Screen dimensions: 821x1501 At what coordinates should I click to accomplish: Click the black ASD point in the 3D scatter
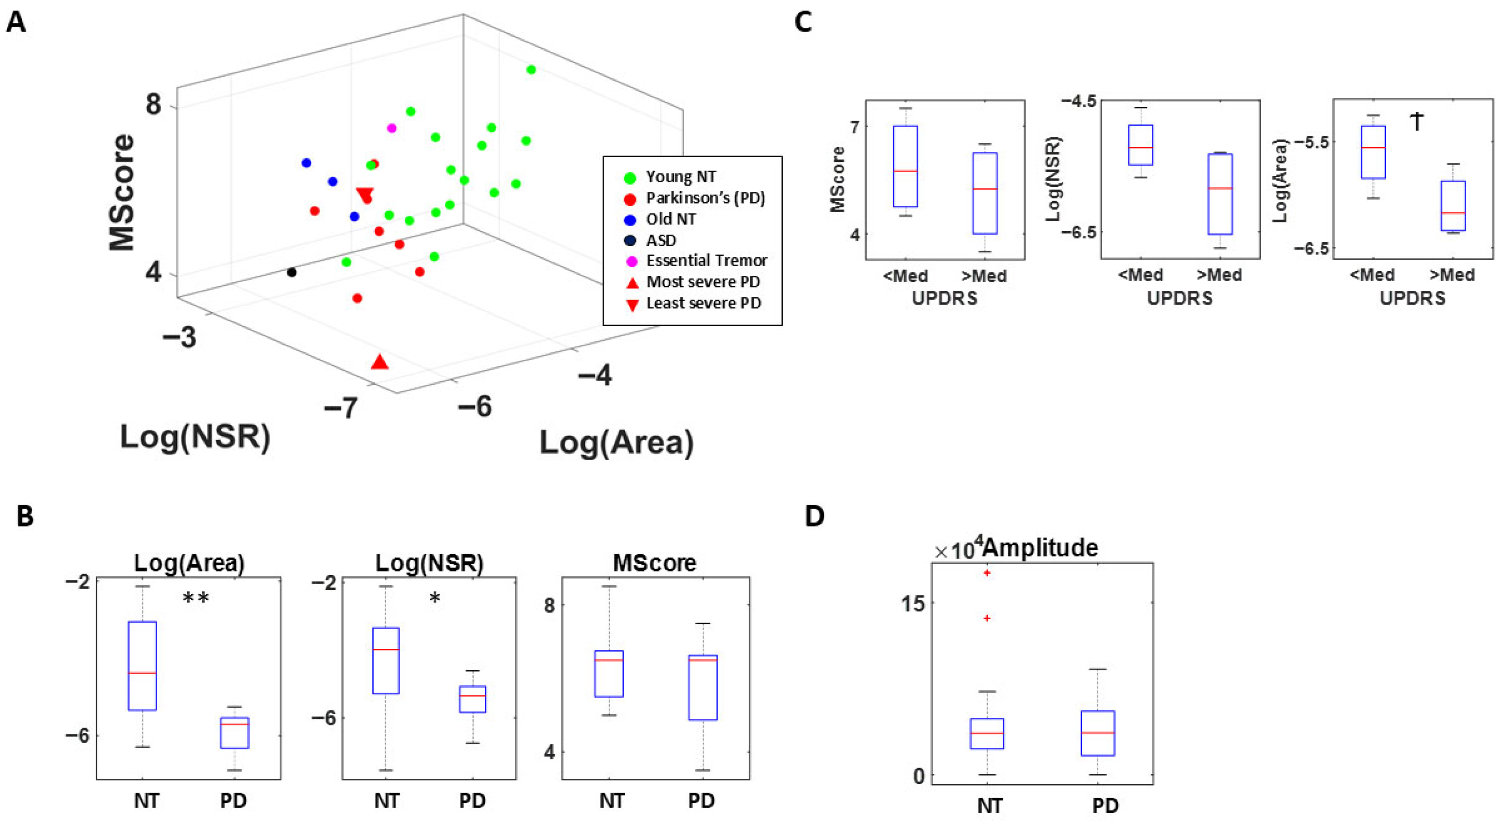tap(292, 272)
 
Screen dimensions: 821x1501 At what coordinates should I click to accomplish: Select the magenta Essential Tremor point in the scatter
tap(391, 128)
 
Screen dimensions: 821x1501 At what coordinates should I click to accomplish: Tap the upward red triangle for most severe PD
tap(380, 362)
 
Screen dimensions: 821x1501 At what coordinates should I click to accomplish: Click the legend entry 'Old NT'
tap(671, 219)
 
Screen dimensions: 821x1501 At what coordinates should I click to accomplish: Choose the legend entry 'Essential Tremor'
tap(706, 260)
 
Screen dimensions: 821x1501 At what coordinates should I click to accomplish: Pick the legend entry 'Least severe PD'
tap(703, 303)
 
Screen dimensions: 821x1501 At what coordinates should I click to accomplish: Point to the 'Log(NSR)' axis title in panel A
tap(195, 437)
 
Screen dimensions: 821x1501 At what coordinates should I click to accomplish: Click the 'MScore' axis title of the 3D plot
tap(122, 192)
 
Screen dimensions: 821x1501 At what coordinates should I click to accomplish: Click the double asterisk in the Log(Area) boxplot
tap(196, 598)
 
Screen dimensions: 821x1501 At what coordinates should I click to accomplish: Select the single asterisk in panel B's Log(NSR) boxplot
tap(435, 598)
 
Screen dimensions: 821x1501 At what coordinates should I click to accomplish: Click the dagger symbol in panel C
tap(1417, 121)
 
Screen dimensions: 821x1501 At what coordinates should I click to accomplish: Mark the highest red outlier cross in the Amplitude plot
tap(987, 573)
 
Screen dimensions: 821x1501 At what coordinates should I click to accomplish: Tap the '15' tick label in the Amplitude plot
tap(912, 604)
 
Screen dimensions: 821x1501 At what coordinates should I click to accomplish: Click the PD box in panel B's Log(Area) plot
tap(234, 732)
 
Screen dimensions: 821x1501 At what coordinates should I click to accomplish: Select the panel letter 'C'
tap(803, 22)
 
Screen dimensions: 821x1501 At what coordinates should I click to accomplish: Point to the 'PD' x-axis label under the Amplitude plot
tap(1105, 805)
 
